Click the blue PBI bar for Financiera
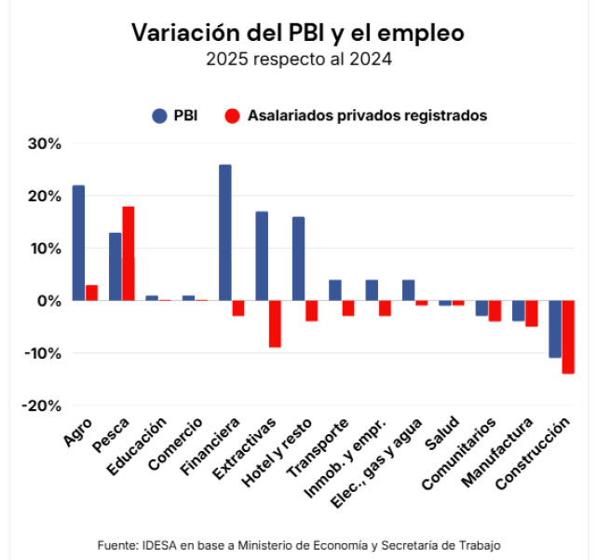coord(224,233)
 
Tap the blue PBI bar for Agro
coord(78,243)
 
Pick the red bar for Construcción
coord(568,337)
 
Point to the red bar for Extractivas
coord(275,324)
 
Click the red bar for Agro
coord(91,293)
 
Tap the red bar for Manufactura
coord(532,314)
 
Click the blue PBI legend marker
coord(159,116)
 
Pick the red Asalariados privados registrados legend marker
coord(233,116)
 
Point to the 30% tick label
coord(43,144)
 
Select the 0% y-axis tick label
coord(48,301)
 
